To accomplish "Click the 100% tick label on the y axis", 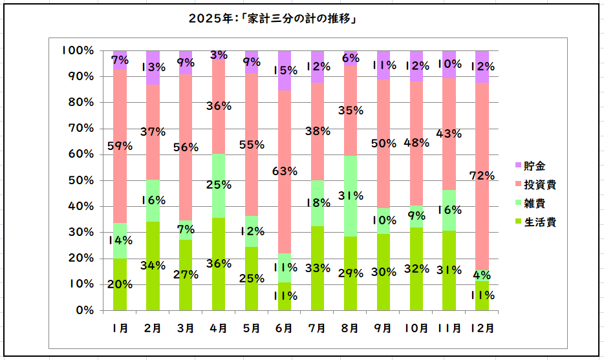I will point(78,50).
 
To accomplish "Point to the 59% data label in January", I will point(120,146).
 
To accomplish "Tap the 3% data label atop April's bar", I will point(219,56).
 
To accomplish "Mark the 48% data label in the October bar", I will point(416,143).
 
